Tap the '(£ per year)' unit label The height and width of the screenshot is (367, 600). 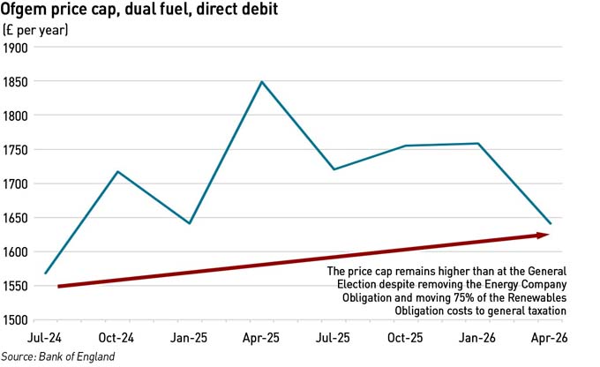pos(36,30)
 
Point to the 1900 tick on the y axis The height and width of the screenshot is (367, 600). pos(17,48)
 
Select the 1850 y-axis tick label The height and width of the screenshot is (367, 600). pos(17,82)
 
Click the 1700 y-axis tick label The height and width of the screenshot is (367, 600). pos(17,184)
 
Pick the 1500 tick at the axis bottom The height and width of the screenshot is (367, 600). pos(17,320)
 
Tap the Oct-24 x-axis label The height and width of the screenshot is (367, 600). pos(117,339)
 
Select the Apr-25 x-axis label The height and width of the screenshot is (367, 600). pos(262,339)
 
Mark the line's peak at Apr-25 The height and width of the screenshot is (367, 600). pos(262,82)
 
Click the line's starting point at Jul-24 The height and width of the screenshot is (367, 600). pos(45,273)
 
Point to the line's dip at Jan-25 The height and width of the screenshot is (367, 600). pos(190,223)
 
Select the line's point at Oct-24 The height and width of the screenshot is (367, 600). pos(117,171)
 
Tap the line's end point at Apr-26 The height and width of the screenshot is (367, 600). pos(551,223)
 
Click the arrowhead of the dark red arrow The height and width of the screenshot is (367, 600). pos(544,235)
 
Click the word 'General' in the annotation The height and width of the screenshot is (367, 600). pos(544,271)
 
